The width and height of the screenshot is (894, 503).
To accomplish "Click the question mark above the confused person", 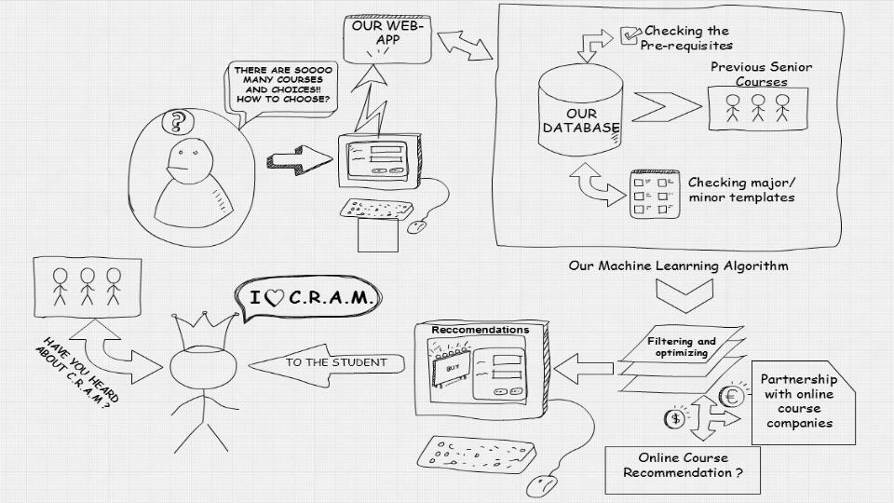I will pos(174,121).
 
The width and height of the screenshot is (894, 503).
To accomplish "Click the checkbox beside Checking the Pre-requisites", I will pos(629,35).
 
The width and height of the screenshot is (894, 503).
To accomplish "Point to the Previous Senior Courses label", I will pos(761,75).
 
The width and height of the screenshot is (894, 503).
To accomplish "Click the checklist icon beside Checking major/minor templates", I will pos(652,192).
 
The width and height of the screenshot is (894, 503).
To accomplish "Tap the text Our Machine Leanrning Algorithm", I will pos(679,265).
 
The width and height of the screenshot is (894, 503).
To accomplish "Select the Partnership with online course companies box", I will pos(798,401).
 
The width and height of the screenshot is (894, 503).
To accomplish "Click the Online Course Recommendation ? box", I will pos(684,466).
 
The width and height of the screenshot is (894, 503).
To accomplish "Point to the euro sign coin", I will pos(732,397).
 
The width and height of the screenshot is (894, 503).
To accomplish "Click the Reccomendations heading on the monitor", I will pos(480,330).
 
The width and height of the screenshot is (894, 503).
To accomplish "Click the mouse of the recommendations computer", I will pos(541,485).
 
